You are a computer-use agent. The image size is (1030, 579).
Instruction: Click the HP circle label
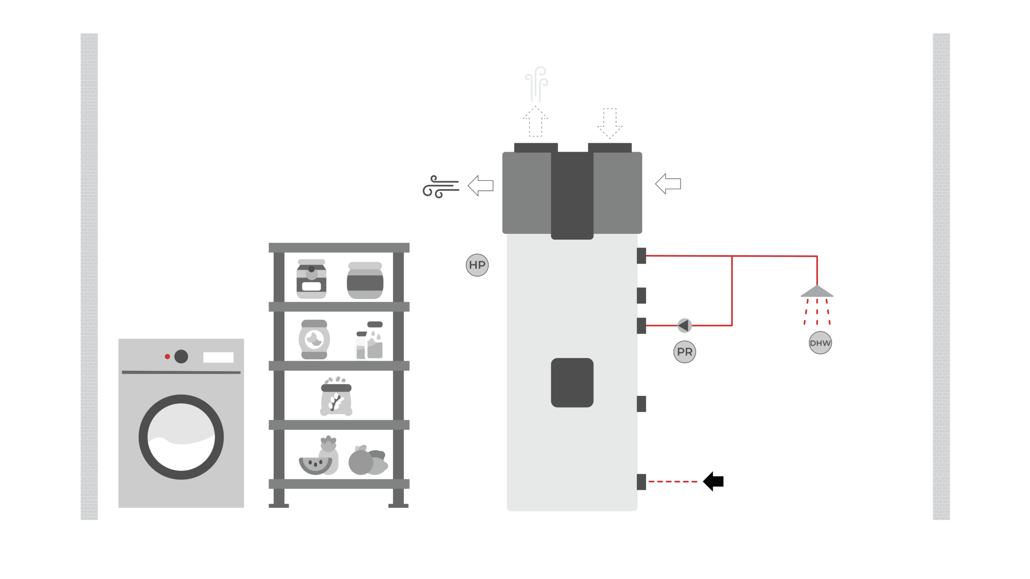477,265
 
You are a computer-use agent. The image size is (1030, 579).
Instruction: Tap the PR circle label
684,352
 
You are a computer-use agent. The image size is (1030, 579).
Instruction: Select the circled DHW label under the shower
820,343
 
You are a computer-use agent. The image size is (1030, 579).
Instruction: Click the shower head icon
817,292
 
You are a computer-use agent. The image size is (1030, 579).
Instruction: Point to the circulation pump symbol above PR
684,326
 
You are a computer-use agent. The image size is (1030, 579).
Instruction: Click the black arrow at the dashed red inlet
713,481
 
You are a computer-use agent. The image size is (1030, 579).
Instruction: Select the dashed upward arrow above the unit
536,122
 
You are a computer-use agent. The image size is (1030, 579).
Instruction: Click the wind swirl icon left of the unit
440,186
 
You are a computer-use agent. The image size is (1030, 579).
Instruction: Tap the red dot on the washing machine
167,356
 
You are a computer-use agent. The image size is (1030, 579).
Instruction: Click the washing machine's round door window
181,437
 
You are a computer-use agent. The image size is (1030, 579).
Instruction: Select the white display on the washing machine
218,357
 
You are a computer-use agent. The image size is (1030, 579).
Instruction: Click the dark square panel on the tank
572,383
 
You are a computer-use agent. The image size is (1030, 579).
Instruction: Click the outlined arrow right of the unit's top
668,184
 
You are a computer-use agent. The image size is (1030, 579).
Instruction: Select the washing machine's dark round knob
181,356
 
